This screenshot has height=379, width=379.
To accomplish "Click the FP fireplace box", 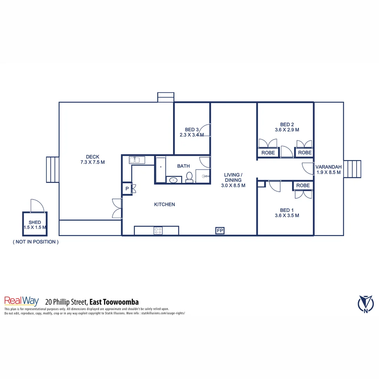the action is pos(220,231).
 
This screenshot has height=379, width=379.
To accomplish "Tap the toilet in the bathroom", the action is pos(189,177).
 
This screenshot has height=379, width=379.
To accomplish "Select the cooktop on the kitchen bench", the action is pos(158,231).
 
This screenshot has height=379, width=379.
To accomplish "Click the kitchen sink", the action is pos(134,160).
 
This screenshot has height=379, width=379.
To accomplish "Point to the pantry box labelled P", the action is pos(127,188).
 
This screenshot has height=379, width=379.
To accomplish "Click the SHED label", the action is pos(35,222).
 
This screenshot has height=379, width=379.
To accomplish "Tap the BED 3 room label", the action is pos(192,129).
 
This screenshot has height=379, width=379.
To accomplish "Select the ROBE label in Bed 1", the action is pos(303,185).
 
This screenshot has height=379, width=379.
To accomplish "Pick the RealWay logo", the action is pos(21,301).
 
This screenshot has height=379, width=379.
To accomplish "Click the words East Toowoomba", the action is pos(114,302).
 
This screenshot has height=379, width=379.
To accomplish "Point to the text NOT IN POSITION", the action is pos(35,242).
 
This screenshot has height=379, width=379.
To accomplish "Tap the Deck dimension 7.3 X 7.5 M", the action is pos(93,162).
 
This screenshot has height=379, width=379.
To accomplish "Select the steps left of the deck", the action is pos(53,169).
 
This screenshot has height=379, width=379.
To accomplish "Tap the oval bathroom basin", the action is pos(173,180).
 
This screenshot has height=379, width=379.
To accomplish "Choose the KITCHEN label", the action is pos(164,204).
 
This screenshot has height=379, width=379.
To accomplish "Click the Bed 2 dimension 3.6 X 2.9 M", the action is pos(287,129).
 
